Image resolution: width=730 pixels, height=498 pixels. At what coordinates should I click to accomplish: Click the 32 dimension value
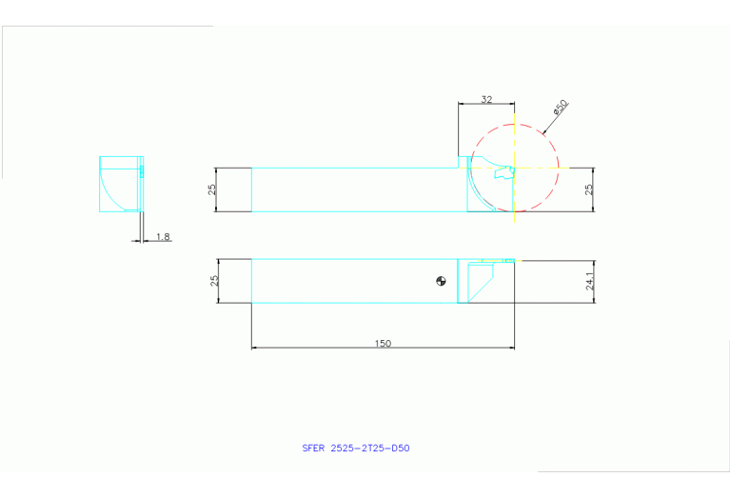(486, 99)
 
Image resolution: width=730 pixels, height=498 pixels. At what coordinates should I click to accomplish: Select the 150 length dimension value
(384, 343)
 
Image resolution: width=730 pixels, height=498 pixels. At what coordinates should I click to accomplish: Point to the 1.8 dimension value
(163, 235)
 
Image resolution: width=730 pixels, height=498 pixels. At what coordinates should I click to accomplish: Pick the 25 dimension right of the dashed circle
(589, 189)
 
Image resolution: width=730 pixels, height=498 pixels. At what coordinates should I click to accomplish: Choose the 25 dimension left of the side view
(213, 189)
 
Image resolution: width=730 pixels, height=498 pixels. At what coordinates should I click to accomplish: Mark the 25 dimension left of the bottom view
(215, 281)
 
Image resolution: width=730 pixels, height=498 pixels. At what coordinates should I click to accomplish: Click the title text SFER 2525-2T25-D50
(355, 448)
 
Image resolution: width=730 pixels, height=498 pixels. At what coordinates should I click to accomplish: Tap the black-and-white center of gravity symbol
(440, 280)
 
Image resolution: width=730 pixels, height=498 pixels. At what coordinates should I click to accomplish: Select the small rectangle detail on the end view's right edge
(141, 171)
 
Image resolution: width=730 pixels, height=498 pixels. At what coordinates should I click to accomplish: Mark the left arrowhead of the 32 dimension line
(461, 104)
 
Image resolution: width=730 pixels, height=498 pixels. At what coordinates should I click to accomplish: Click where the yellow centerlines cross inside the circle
(514, 168)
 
